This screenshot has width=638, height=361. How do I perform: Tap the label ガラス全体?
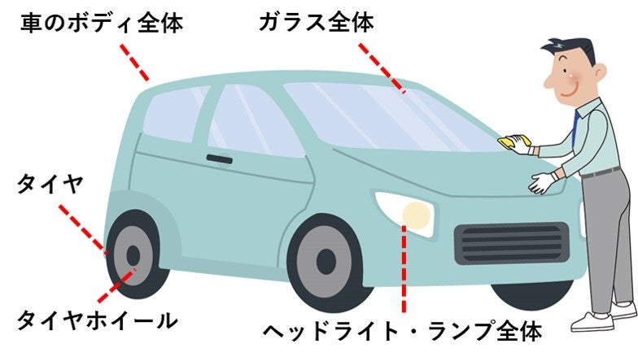[317, 24]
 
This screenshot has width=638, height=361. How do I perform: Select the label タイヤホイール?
[97, 320]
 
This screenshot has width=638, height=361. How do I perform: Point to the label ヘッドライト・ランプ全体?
[402, 332]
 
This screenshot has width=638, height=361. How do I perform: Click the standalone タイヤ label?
[50, 185]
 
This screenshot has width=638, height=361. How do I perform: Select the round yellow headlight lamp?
[417, 215]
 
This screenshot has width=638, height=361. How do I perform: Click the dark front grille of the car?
[511, 242]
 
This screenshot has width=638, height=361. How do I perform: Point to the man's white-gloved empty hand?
[540, 182]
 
